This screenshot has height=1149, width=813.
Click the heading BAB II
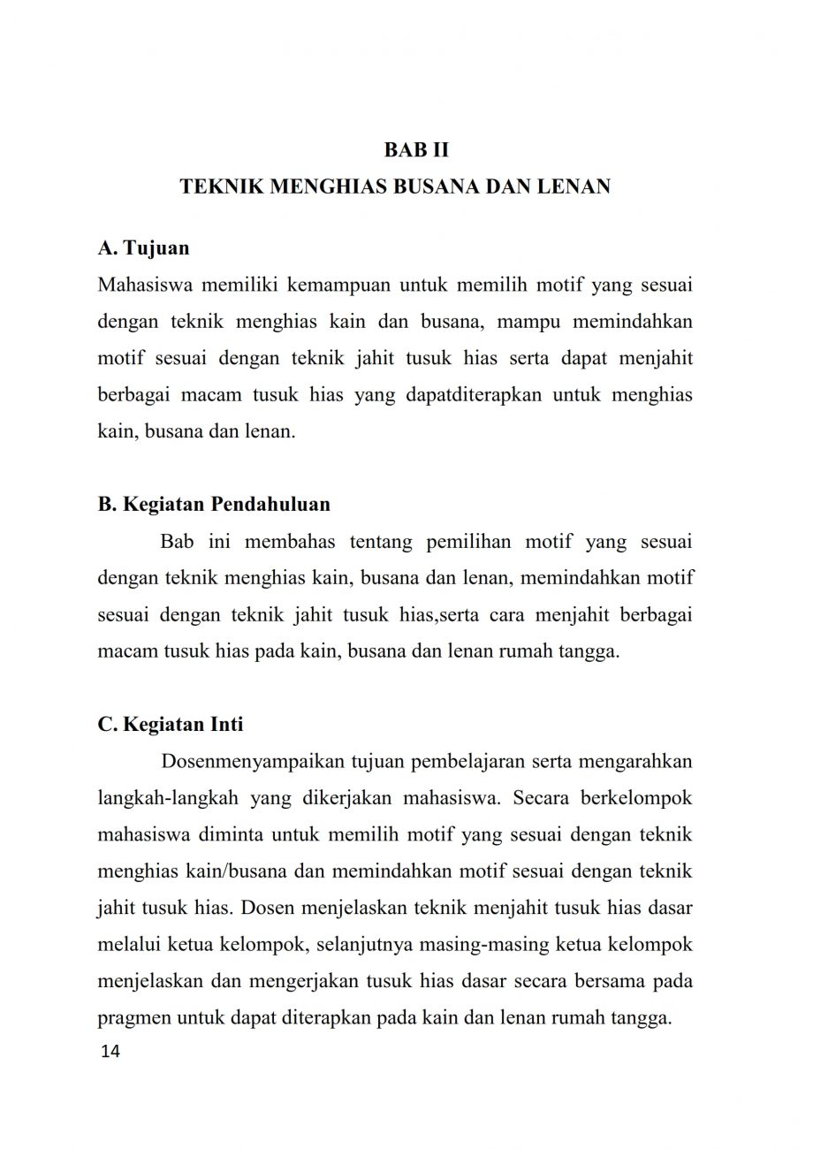click(x=416, y=149)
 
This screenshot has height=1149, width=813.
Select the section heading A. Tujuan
click(x=143, y=248)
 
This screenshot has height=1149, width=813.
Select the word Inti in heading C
click(x=225, y=724)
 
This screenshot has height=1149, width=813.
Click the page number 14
click(x=112, y=1053)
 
